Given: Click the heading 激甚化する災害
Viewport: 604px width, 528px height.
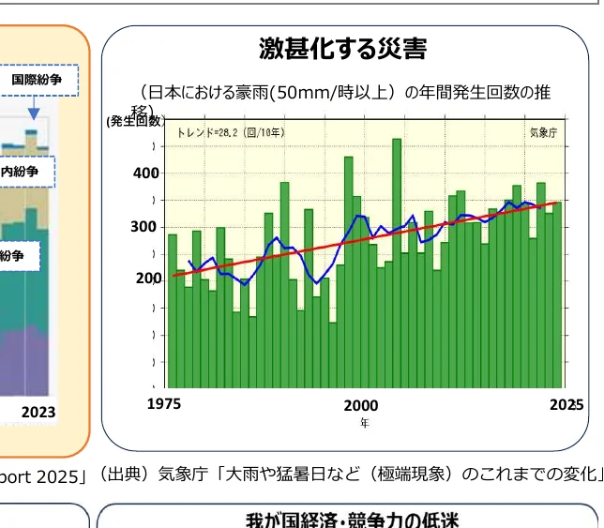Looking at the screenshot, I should (x=342, y=49).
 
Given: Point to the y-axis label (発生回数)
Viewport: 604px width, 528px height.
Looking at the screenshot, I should (x=135, y=121).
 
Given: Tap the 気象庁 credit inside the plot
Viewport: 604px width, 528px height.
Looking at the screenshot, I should (x=543, y=133).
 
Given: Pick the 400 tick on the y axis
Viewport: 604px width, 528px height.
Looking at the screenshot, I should (x=146, y=173).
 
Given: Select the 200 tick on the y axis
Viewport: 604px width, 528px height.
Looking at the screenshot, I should (x=148, y=279).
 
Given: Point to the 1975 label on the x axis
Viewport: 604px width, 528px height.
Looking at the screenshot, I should (x=164, y=405).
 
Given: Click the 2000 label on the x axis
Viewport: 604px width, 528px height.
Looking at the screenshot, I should (x=361, y=406).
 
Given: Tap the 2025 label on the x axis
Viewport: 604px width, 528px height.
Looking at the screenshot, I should (x=566, y=405).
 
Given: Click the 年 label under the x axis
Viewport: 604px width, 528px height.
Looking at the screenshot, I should (x=365, y=423).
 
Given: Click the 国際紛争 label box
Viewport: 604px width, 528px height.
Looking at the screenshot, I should (x=37, y=81).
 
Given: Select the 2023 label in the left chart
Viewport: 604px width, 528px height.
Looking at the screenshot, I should (x=38, y=412).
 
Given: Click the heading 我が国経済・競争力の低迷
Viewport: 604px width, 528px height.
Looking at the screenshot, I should (x=348, y=519).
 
